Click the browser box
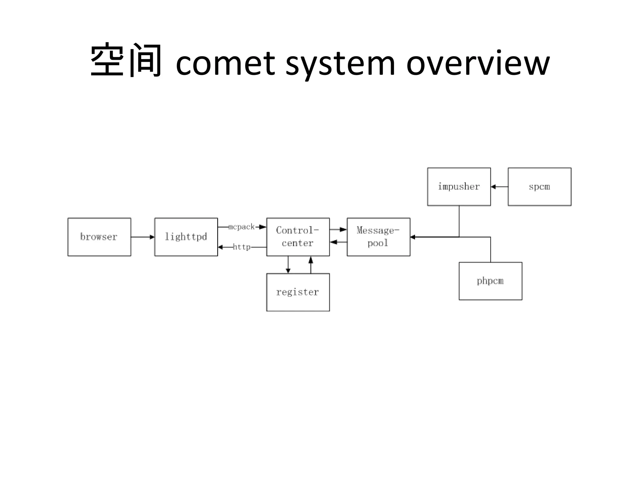pos(99,237)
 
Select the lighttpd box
pos(186,237)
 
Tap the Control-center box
pos(298,237)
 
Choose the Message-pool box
pos(378,237)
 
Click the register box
pos(298,292)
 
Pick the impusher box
pos(459,187)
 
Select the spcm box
pos(539,187)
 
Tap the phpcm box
pos(490,281)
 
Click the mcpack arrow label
pos(241,227)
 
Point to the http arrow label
pos(241,247)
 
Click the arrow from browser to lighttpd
pos(143,237)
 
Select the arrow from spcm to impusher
pos(499,187)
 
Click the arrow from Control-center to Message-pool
pos(338,230)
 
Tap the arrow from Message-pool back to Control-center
pos(338,242)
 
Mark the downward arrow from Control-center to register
pos(288,265)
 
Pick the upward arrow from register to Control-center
pos(311,265)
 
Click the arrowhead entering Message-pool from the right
pos(413,237)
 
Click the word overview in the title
pos(478,63)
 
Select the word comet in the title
pos(225,63)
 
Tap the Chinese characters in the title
pos(126,60)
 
